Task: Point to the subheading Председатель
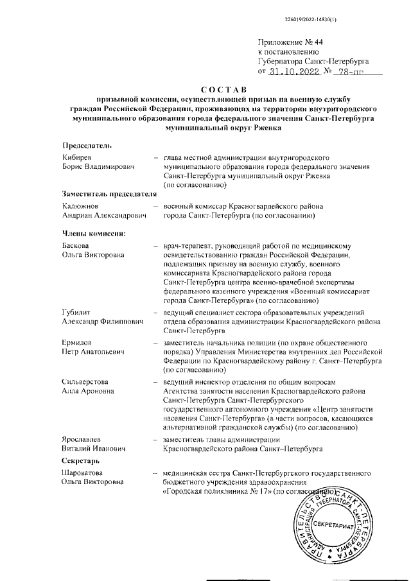coord(87,146)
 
